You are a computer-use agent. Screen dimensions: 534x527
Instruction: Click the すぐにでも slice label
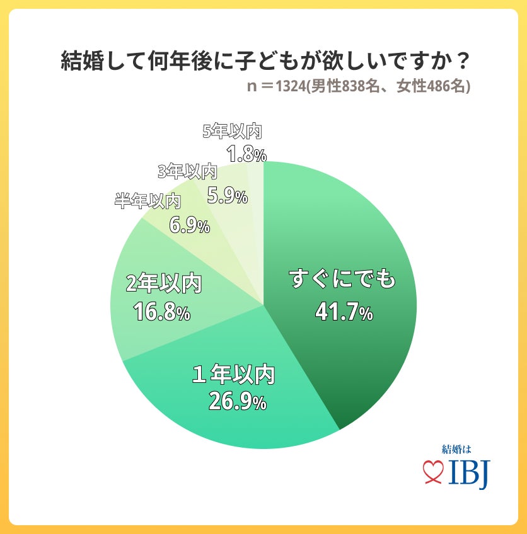[x=344, y=279]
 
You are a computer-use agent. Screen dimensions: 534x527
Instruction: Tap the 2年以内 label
[x=163, y=284]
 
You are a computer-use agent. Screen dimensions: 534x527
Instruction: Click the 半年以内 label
[x=148, y=202]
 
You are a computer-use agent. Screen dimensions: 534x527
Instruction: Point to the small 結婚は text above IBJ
[x=456, y=450]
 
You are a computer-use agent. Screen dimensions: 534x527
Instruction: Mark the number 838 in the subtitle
[x=354, y=87]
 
